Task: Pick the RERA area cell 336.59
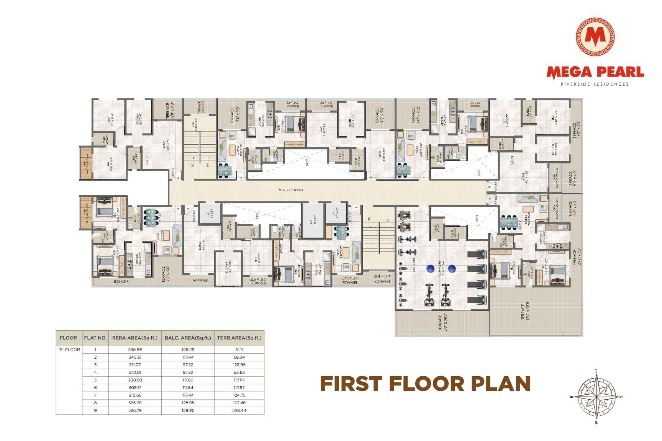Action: click(x=135, y=350)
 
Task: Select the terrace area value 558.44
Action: click(x=239, y=410)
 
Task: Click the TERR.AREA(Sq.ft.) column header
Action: click(x=239, y=338)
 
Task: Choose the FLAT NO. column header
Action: click(x=95, y=338)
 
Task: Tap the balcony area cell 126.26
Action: click(x=188, y=350)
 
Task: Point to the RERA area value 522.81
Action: click(x=135, y=372)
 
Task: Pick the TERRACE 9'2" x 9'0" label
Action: click(x=165, y=274)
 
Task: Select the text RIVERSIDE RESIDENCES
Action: click(x=595, y=84)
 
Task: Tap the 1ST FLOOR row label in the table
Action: click(x=69, y=350)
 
